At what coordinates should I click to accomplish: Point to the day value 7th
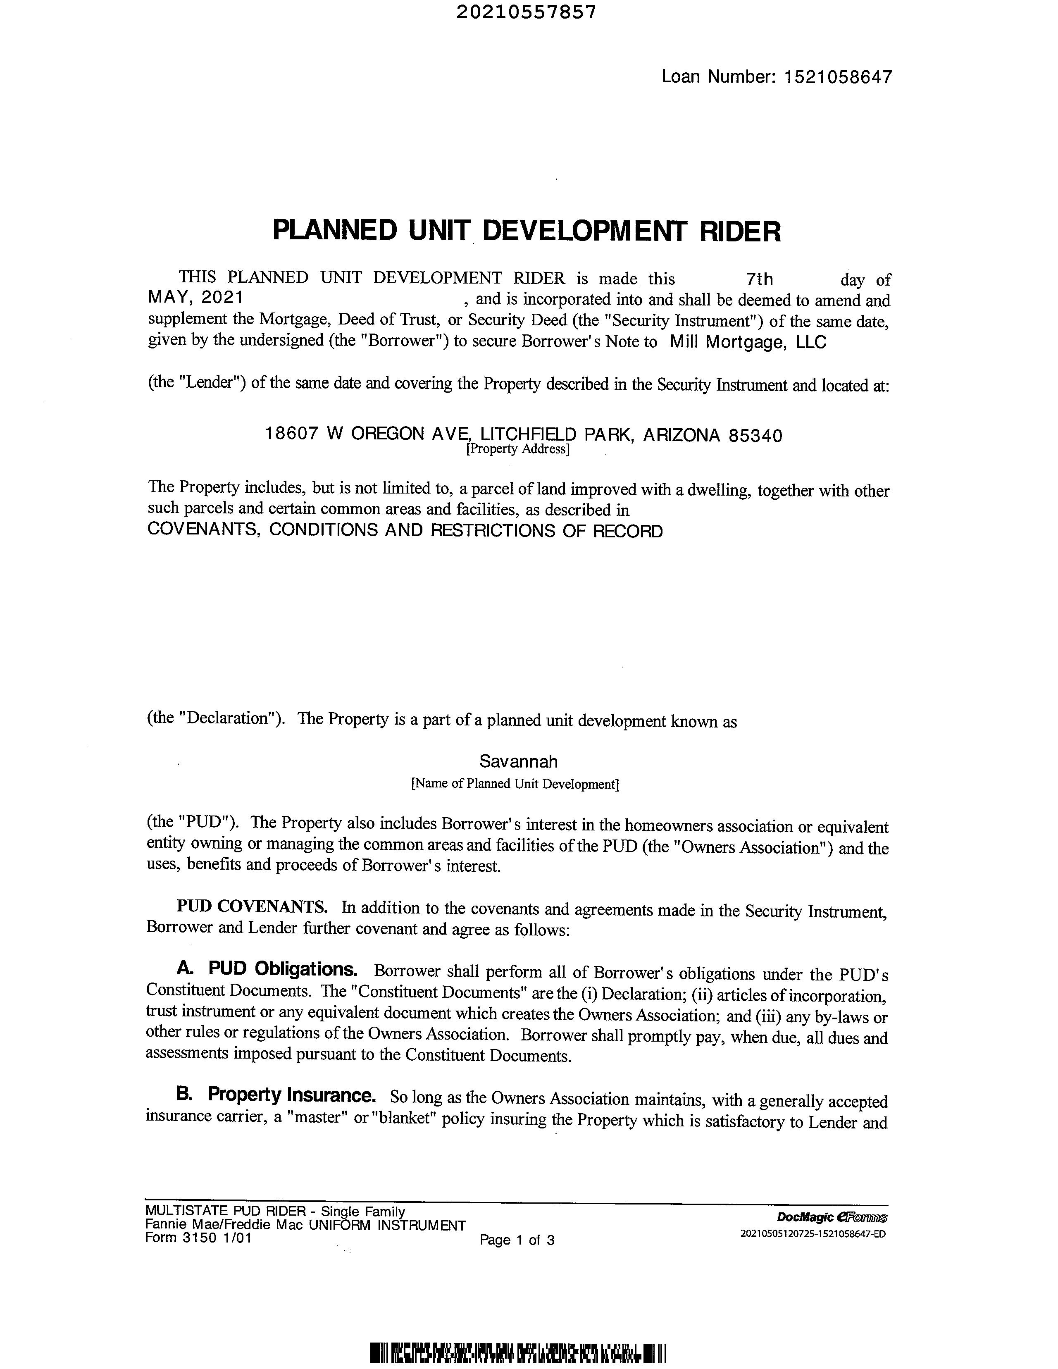760,279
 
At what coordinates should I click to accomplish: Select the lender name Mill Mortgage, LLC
748,342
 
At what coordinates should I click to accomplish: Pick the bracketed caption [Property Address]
517,449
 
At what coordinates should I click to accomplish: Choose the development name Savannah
518,762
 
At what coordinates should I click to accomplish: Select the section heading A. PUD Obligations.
267,969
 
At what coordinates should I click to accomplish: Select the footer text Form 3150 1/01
198,1238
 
